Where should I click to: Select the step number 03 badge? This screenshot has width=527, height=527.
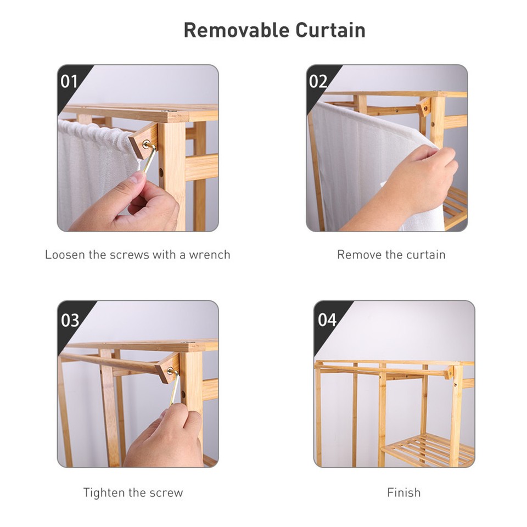click(x=70, y=319)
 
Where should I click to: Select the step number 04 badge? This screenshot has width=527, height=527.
click(x=327, y=319)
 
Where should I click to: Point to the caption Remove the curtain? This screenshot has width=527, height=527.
click(x=391, y=255)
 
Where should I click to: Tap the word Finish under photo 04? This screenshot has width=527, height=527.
click(x=403, y=492)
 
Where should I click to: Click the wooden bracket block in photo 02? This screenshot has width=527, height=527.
click(x=424, y=106)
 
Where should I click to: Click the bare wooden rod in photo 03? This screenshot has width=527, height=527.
click(x=110, y=362)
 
